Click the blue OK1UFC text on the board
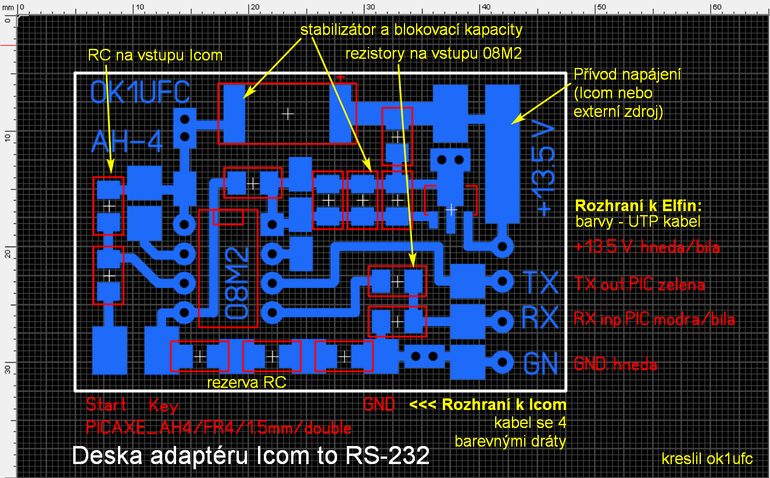coord(139,93)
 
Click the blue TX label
coord(540,283)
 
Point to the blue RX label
coord(540,318)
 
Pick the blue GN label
coord(540,363)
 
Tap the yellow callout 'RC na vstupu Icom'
coord(155,55)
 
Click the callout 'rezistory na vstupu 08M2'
coord(434,53)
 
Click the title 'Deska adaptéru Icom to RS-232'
coord(251,455)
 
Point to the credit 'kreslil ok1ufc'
coord(707,459)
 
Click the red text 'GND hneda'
coord(615,365)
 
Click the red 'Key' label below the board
coord(163,405)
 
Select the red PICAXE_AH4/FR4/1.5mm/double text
coord(219,428)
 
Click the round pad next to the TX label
coord(502,283)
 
